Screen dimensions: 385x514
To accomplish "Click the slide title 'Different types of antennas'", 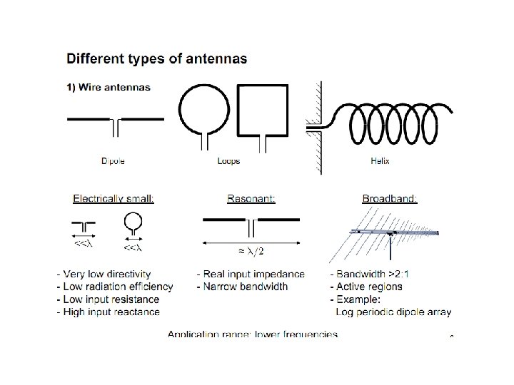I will point(158,59).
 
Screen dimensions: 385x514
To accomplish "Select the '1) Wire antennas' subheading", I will point(109,88).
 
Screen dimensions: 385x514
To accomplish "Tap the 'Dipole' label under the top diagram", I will point(113,161).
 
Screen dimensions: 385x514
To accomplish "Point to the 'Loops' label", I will point(228,161).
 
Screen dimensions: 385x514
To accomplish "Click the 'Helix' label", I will point(381,161).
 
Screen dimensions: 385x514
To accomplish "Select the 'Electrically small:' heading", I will point(114,199).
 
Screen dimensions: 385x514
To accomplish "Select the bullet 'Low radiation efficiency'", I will point(119,287).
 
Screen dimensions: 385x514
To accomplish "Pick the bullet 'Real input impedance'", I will point(251,274).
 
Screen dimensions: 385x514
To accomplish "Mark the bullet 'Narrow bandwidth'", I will point(242,287).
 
